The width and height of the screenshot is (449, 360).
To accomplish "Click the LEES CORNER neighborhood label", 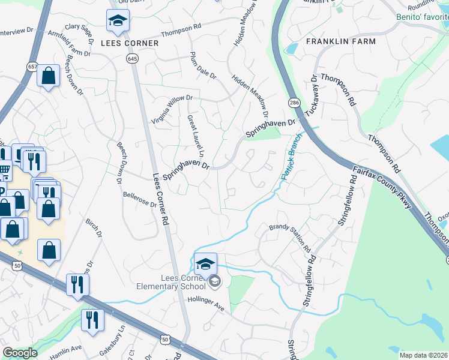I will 130,43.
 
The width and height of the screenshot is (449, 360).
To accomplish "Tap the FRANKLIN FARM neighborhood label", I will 341,41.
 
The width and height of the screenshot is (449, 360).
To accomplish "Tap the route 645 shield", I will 133,58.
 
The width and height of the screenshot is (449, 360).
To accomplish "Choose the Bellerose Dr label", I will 139,199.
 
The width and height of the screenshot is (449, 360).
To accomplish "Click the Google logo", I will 20,353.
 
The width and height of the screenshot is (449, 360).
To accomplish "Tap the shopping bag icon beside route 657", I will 48,77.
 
